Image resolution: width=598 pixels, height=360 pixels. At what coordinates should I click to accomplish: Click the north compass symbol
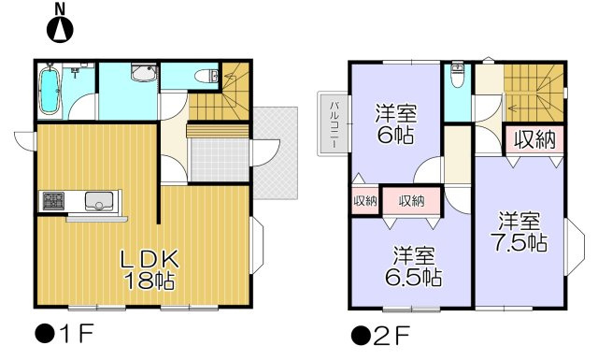(x=60, y=26)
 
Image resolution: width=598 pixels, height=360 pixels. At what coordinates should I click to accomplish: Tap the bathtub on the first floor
(x=50, y=91)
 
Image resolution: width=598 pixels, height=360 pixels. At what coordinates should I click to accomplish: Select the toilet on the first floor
(x=206, y=76)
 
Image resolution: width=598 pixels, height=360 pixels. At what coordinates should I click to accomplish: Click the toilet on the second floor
(x=457, y=76)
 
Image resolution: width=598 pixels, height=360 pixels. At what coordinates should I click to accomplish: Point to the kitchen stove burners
(x=53, y=201)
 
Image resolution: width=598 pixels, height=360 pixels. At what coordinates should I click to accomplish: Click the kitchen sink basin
(x=99, y=201)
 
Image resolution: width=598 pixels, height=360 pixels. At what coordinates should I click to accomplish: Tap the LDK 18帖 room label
(x=149, y=270)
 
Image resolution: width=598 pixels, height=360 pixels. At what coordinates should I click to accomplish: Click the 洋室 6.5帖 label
(x=413, y=266)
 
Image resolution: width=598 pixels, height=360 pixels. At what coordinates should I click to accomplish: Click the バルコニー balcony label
(x=334, y=124)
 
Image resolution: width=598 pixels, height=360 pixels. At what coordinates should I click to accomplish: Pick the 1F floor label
(x=64, y=334)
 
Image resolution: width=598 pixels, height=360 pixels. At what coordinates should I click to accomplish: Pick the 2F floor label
(x=380, y=335)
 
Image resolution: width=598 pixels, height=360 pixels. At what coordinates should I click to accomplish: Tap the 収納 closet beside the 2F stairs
(x=534, y=139)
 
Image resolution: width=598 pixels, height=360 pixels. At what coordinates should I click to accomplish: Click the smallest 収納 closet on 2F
(x=365, y=201)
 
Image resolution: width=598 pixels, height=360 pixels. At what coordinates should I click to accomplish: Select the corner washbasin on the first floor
(x=144, y=73)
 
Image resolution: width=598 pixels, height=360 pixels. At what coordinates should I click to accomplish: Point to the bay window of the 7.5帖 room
(x=574, y=247)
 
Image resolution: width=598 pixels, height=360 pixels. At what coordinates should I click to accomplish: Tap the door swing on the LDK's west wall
(x=25, y=140)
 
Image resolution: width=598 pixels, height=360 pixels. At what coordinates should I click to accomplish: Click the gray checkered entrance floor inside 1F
(x=220, y=160)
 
